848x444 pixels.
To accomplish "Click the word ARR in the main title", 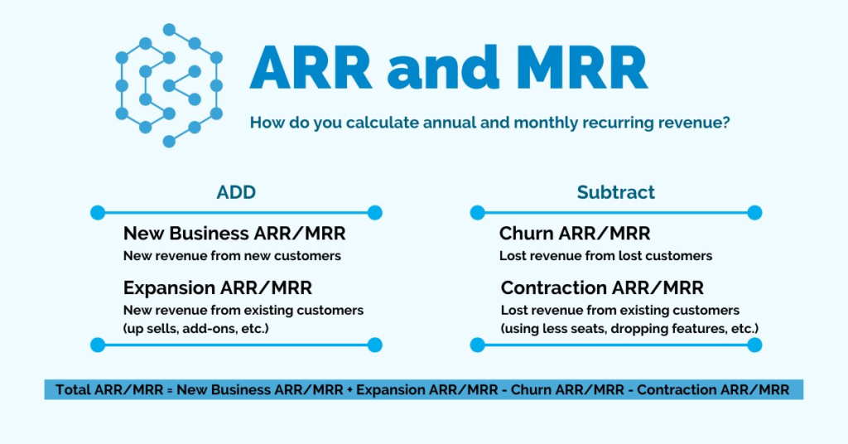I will click(311, 68).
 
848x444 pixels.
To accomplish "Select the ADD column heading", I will click(236, 192).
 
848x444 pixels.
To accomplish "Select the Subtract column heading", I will click(615, 192).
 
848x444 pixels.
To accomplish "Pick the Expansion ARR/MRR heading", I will click(218, 287).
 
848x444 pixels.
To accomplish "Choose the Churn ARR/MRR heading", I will click(575, 234).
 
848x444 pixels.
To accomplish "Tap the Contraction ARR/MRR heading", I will click(602, 287).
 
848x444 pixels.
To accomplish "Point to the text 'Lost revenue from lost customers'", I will click(605, 256).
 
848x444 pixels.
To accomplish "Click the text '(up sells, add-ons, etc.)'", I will click(195, 329).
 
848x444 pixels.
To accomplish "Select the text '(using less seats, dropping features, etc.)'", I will click(629, 329).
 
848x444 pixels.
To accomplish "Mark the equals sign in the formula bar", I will click(169, 389).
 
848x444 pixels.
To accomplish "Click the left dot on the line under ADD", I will click(97, 212).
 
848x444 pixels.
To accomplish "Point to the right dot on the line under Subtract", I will click(754, 212).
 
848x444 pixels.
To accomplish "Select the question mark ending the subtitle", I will click(725, 123).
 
